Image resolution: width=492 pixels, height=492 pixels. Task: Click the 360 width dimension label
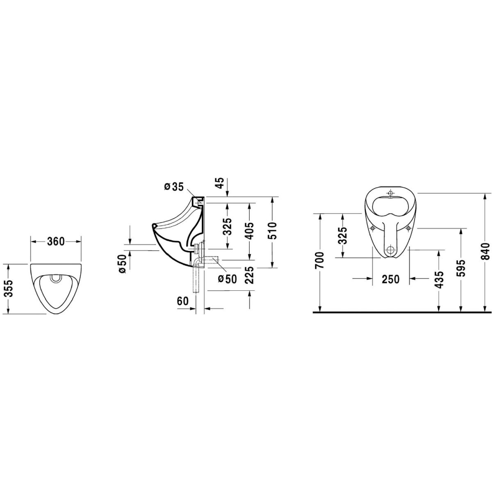click(56, 242)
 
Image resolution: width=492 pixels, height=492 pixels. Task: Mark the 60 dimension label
click(182, 301)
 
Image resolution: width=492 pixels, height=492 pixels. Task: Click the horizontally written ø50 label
click(227, 279)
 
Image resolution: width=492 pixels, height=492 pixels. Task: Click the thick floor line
click(402, 313)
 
